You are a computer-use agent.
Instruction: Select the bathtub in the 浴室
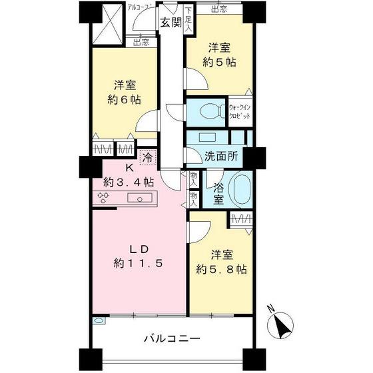240,189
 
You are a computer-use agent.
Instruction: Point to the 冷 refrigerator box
147,159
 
